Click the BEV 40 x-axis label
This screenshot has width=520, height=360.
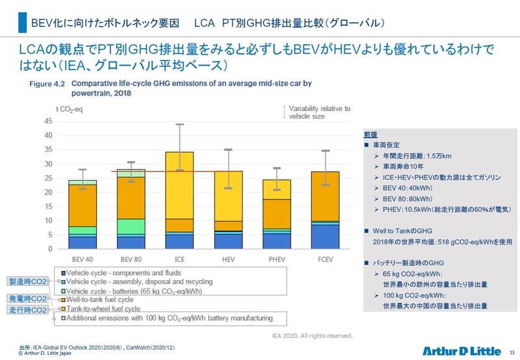(82, 259)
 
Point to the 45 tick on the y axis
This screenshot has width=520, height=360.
(49, 121)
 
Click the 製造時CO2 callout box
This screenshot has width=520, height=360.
(27, 281)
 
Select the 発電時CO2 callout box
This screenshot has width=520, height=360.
(27, 299)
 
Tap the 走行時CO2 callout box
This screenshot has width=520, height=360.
(27, 311)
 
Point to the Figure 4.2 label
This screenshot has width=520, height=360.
(47, 84)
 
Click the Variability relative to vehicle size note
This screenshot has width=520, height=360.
(318, 112)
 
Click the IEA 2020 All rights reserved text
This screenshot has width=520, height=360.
(311, 336)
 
